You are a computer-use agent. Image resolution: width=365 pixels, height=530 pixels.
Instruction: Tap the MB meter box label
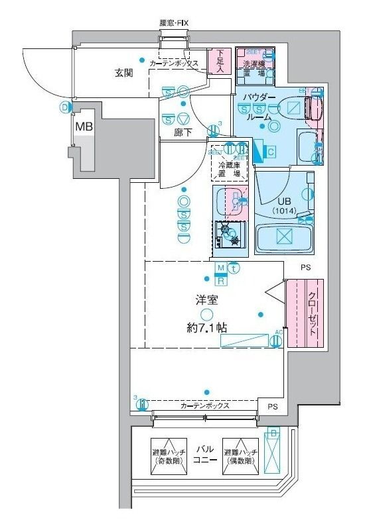[x=83, y=126]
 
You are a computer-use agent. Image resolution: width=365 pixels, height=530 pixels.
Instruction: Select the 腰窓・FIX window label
[x=174, y=23]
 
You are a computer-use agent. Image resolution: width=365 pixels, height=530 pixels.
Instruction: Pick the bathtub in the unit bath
[x=283, y=237]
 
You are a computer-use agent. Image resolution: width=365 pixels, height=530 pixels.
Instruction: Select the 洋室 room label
[x=206, y=299]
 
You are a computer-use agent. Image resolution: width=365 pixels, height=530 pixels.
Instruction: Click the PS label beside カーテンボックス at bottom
[x=272, y=405]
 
